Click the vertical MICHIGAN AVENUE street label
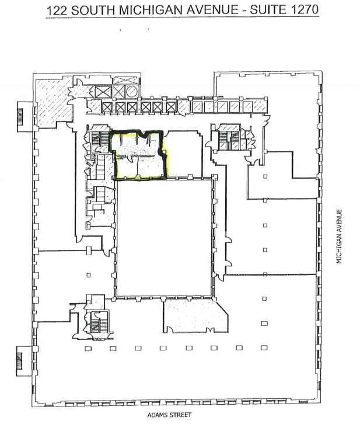pyautogui.click(x=338, y=237)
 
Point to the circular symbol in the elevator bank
pyautogui.click(x=132, y=92)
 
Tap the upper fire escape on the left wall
pyautogui.click(x=22, y=113)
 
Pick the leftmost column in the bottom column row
pyautogui.click(x=88, y=349)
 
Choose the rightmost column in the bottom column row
pyautogui.click(x=264, y=349)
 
